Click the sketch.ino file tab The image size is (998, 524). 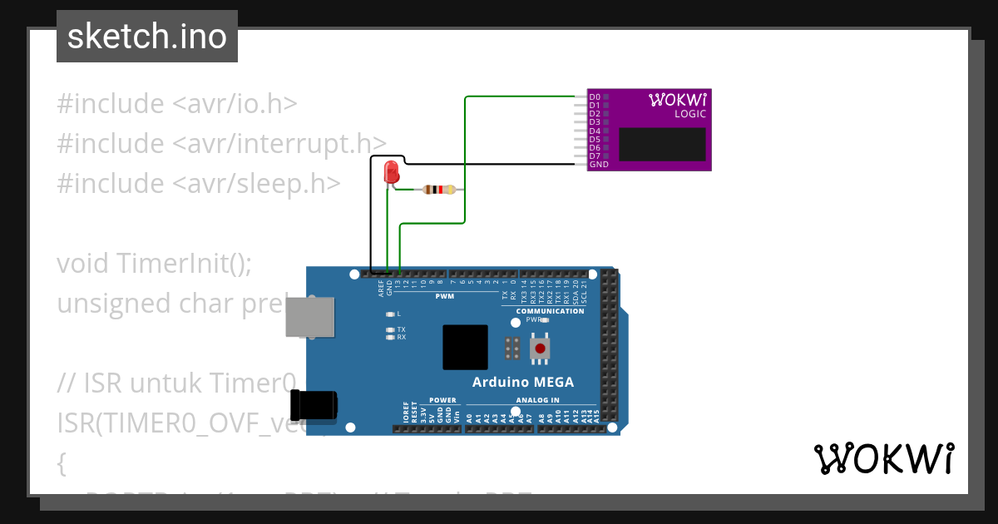147,37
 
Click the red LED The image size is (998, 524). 391,173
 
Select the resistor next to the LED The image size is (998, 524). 438,190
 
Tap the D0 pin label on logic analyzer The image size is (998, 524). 595,97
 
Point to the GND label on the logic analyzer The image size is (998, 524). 599,165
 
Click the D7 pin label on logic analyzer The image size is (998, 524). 595,156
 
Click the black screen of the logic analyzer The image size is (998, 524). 662,144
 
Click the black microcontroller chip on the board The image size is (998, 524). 465,347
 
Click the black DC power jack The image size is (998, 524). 314,406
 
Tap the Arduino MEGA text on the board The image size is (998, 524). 522,383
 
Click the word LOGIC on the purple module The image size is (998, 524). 690,114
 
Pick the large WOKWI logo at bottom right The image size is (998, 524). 883,458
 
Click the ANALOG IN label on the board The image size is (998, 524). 538,400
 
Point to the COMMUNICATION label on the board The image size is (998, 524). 550,311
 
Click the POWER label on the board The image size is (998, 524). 443,400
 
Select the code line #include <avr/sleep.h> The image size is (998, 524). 198,183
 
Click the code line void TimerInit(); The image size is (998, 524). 154,263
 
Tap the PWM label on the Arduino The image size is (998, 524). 445,297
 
